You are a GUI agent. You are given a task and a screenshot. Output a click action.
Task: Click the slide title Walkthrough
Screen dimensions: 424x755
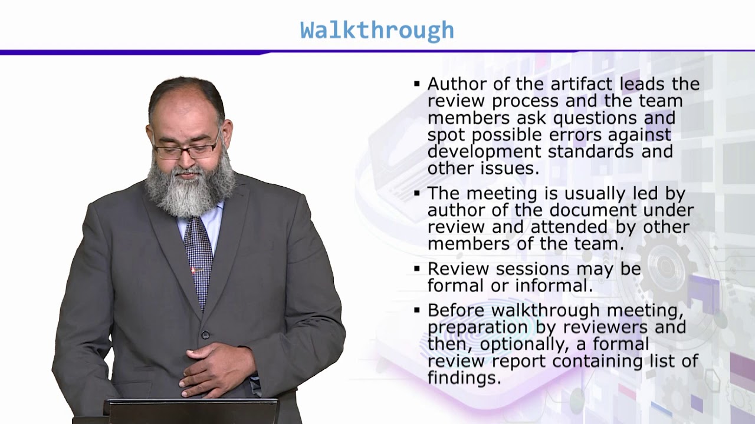(377, 30)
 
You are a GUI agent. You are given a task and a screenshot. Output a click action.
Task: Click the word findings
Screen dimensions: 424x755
(464, 377)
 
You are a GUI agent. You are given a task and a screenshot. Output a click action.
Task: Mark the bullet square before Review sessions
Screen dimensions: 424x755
(417, 269)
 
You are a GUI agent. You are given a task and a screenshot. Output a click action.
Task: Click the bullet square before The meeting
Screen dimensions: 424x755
(417, 193)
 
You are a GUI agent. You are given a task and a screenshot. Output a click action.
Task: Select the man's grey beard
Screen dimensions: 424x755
(189, 188)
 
